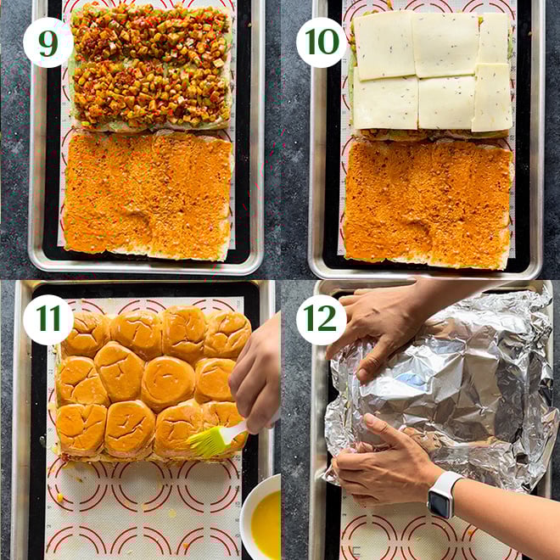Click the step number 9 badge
point(48,42)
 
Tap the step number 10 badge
point(322,42)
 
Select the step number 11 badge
point(48,320)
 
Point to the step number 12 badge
point(322,320)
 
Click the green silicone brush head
point(206,442)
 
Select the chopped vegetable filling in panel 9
point(150,66)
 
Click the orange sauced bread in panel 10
point(428,204)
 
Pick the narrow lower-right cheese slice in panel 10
point(492,97)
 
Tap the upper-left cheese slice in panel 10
point(384,45)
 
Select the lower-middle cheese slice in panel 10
point(446,103)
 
